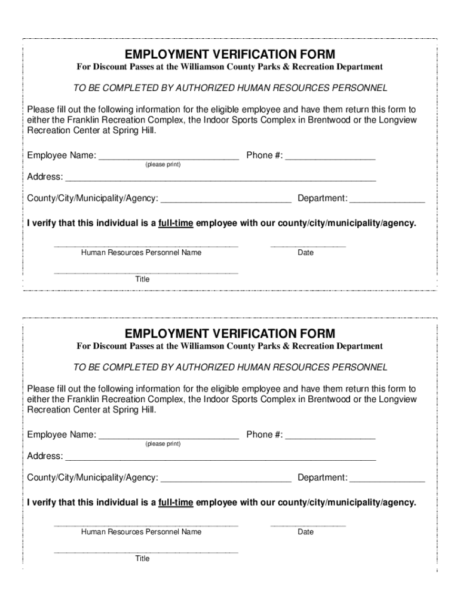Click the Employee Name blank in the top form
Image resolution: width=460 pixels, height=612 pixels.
pyautogui.click(x=168, y=157)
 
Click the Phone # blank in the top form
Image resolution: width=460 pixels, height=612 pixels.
pyautogui.click(x=330, y=157)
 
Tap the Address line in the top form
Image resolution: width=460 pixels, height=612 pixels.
pyautogui.click(x=220, y=178)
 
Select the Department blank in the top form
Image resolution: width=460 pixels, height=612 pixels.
pyautogui.click(x=387, y=199)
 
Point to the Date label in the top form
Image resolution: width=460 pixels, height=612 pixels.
pyautogui.click(x=305, y=253)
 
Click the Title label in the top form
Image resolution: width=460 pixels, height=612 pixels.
pyautogui.click(x=142, y=279)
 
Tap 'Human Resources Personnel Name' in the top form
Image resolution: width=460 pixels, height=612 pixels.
pyautogui.click(x=141, y=253)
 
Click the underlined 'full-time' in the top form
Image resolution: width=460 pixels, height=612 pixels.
pyautogui.click(x=176, y=224)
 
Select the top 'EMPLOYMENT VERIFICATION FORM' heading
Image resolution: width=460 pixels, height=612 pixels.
pyautogui.click(x=230, y=54)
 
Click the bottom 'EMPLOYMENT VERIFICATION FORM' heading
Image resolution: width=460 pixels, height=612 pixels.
pyautogui.click(x=230, y=333)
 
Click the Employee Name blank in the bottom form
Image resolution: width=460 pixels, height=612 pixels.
pyautogui.click(x=168, y=436)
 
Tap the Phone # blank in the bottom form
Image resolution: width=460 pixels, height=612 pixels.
pyautogui.click(x=330, y=436)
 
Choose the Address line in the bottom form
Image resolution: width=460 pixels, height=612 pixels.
pyautogui.click(x=220, y=457)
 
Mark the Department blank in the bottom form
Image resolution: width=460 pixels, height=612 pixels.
pyautogui.click(x=387, y=478)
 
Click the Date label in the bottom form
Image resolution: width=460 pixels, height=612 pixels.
pyautogui.click(x=305, y=532)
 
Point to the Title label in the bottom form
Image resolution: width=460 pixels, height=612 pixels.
pyautogui.click(x=142, y=558)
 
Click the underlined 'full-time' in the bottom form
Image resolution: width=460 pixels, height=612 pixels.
pyautogui.click(x=176, y=503)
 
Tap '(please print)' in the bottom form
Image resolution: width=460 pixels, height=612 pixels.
pyautogui.click(x=162, y=444)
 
